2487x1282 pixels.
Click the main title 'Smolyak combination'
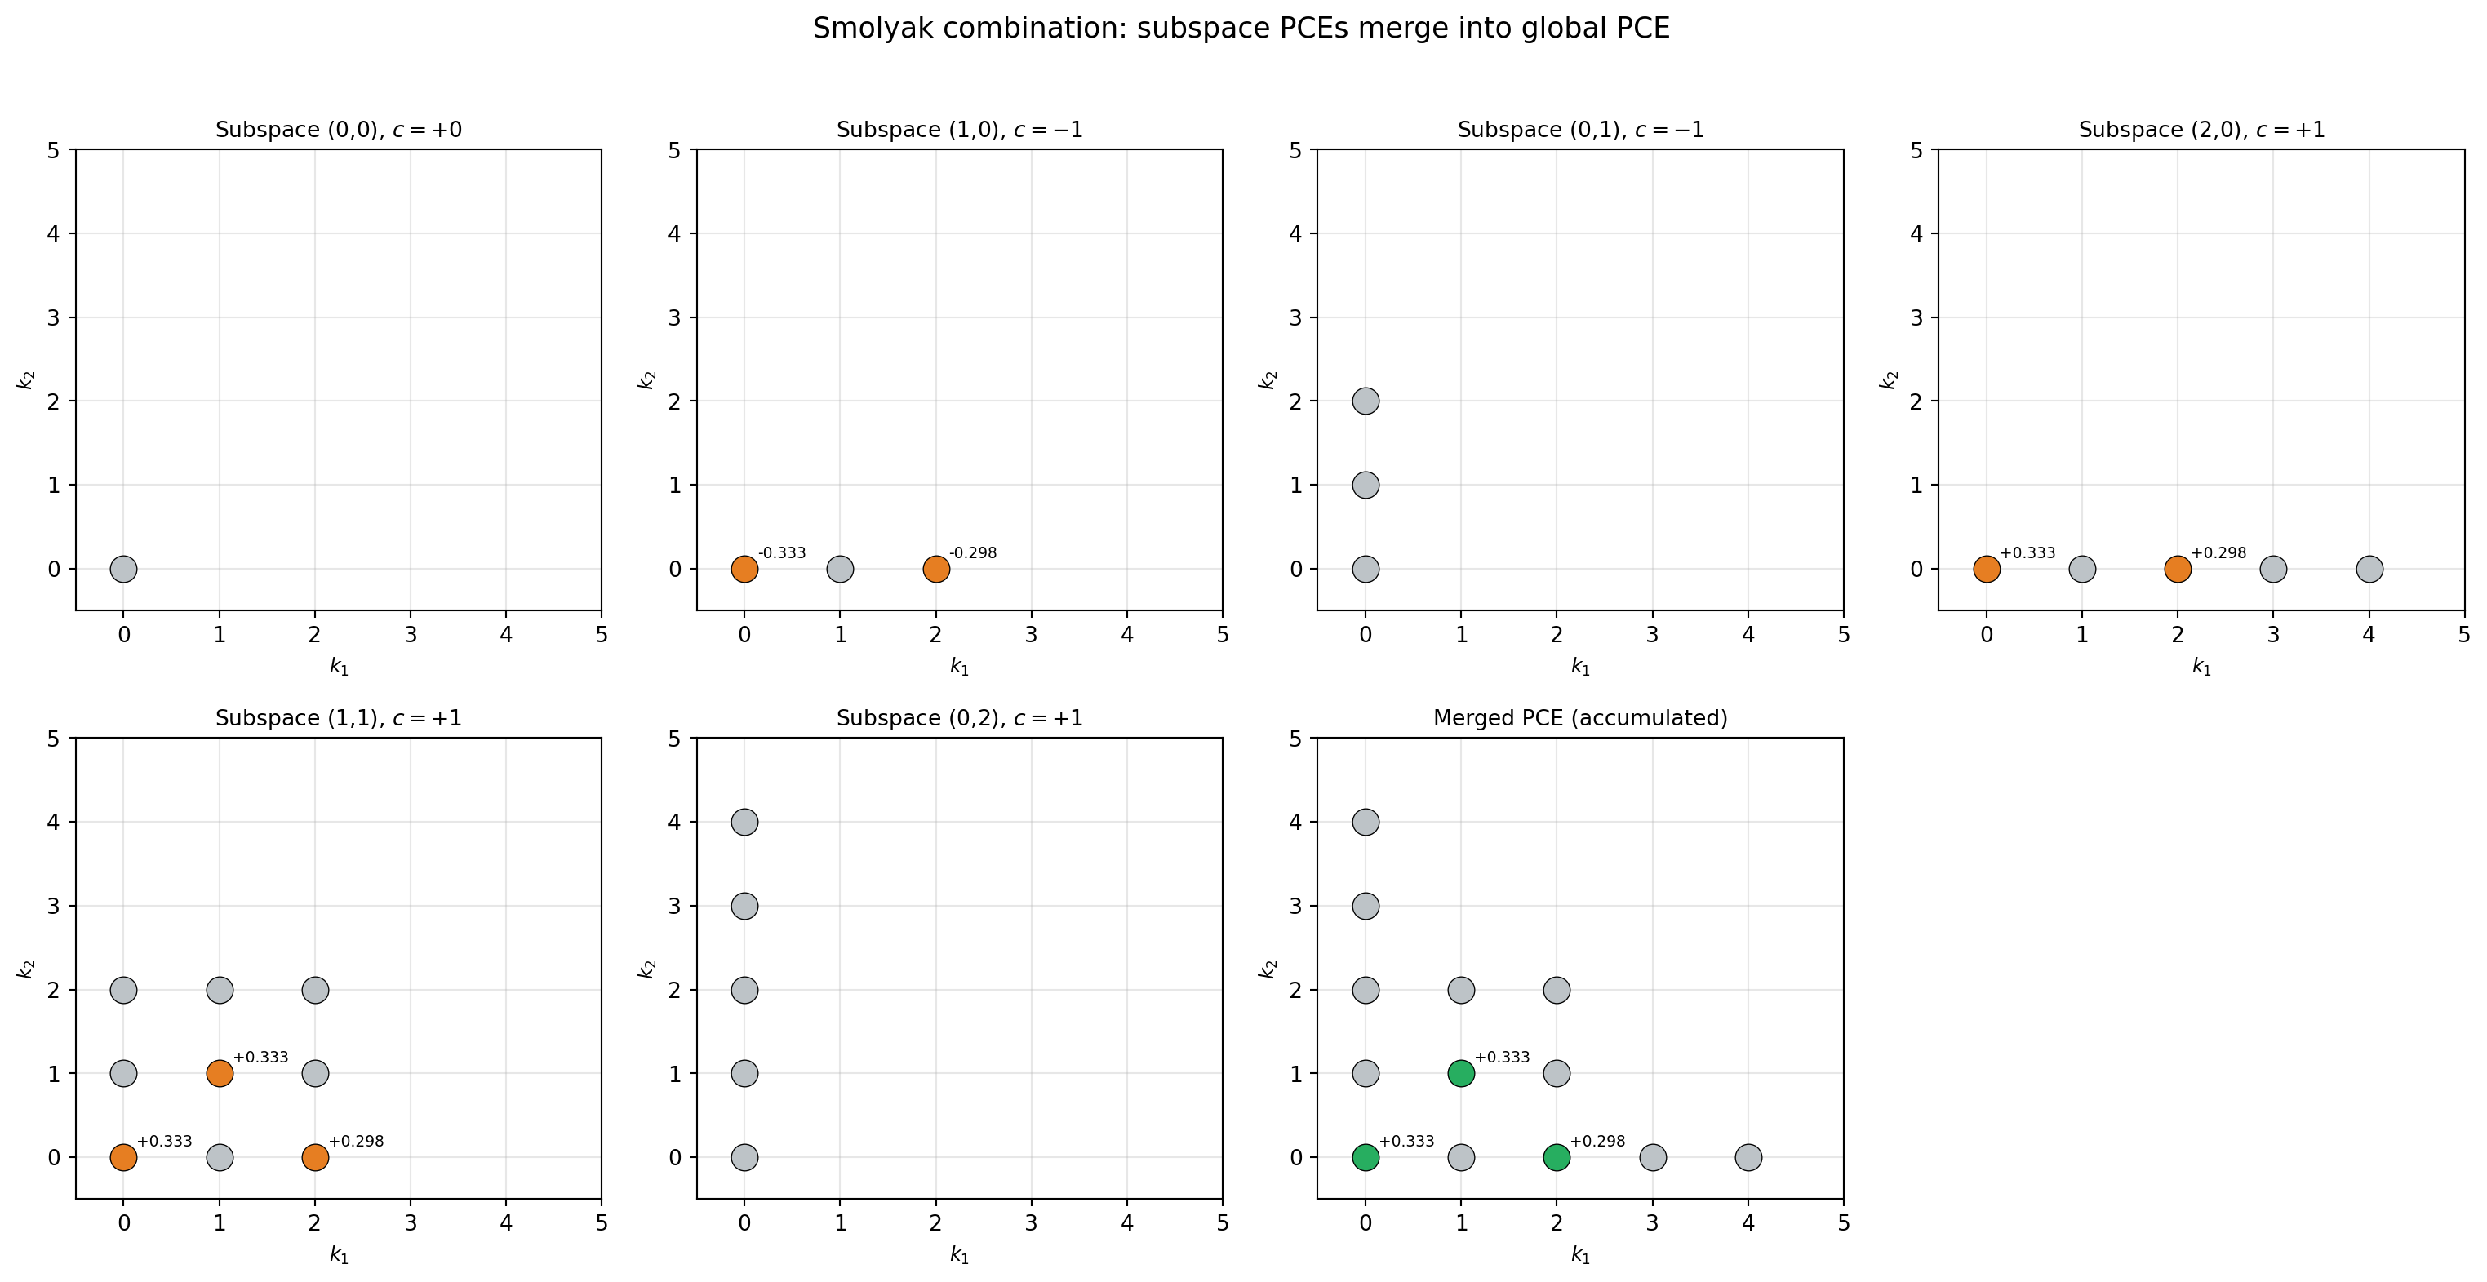click(x=1241, y=29)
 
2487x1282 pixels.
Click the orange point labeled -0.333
click(x=744, y=569)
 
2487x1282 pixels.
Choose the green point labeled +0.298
click(x=1557, y=1156)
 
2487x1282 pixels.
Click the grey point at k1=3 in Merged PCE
click(x=1653, y=1156)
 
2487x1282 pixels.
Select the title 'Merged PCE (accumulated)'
click(x=1579, y=718)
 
